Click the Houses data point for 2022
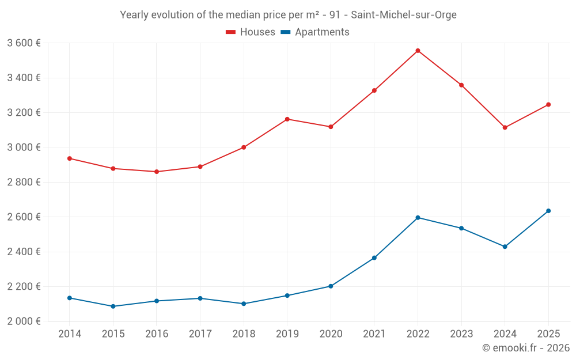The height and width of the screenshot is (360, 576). coord(418,51)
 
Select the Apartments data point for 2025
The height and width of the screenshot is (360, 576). coord(548,211)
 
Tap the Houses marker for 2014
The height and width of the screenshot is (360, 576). coord(69,158)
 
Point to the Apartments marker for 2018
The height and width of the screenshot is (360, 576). coord(244,304)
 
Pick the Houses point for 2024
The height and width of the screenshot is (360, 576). coord(505,127)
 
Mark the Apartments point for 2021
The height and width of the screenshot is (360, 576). coord(374,257)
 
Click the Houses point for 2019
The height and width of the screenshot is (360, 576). coord(287,119)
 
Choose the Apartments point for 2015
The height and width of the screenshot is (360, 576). coord(113,306)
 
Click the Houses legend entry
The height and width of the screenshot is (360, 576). coord(251,32)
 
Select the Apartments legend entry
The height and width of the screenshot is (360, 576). coord(315,32)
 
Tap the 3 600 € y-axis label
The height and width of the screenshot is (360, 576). coord(24,43)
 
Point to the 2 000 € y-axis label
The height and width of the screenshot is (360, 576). coord(24,321)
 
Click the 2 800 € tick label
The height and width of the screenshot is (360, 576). coord(24,182)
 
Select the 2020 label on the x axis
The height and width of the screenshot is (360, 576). coord(331,334)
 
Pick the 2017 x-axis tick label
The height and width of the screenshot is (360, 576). coord(200,334)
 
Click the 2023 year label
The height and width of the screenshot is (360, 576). coord(461,334)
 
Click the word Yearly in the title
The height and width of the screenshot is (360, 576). coord(134,15)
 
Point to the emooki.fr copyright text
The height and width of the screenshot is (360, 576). coord(525,348)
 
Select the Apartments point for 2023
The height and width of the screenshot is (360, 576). coord(461,228)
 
